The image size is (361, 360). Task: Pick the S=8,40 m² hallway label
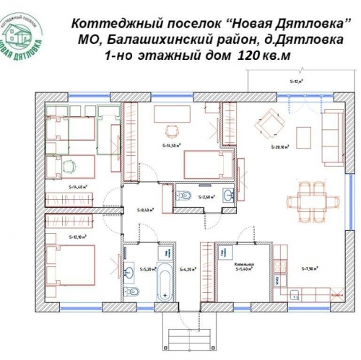[x=147, y=211]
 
